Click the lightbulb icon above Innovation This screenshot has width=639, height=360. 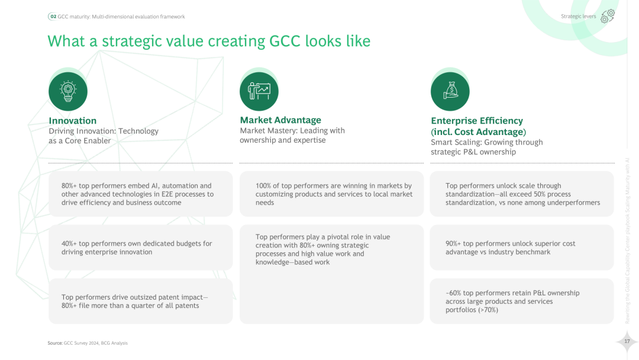pyautogui.click(x=68, y=91)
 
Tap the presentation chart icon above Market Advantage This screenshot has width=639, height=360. pyautogui.click(x=259, y=91)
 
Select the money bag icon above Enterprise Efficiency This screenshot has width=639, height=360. pyautogui.click(x=450, y=91)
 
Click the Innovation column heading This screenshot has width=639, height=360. pyautogui.click(x=72, y=121)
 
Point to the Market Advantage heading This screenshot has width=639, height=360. pyautogui.click(x=280, y=120)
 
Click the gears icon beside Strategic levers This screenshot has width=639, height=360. pyautogui.click(x=608, y=16)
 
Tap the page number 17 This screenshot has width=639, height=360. pyautogui.click(x=627, y=341)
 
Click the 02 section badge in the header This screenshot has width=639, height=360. pyautogui.click(x=53, y=17)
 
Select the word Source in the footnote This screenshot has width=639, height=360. pyautogui.click(x=54, y=343)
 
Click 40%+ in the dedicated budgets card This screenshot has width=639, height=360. pyautogui.click(x=69, y=243)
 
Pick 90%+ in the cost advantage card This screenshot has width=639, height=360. pyautogui.click(x=453, y=243)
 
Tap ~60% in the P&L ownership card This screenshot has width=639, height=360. pyautogui.click(x=453, y=293)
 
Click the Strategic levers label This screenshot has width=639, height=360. pyautogui.click(x=578, y=17)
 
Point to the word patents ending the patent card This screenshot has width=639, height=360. pyautogui.click(x=186, y=306)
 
